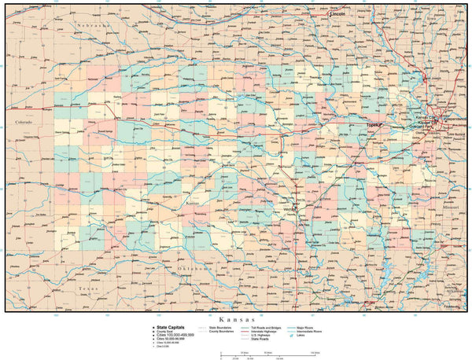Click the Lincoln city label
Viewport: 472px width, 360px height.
tap(338, 14)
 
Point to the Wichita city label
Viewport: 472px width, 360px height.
tap(289, 210)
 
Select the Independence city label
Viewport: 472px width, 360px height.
tap(454, 119)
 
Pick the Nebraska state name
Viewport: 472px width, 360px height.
tap(95, 26)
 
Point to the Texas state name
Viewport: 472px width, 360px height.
tap(88, 289)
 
